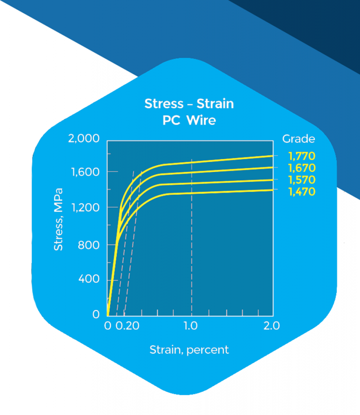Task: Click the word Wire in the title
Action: tap(201, 121)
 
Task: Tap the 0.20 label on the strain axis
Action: tap(125, 326)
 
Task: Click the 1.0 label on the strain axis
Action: tap(191, 326)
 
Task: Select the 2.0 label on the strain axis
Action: tap(271, 326)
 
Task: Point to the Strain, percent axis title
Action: tap(189, 349)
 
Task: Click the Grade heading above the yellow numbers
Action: tap(298, 139)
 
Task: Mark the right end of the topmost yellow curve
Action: tap(272, 156)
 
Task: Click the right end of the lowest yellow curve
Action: tap(272, 190)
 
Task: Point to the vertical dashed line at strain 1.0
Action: tap(192, 243)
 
